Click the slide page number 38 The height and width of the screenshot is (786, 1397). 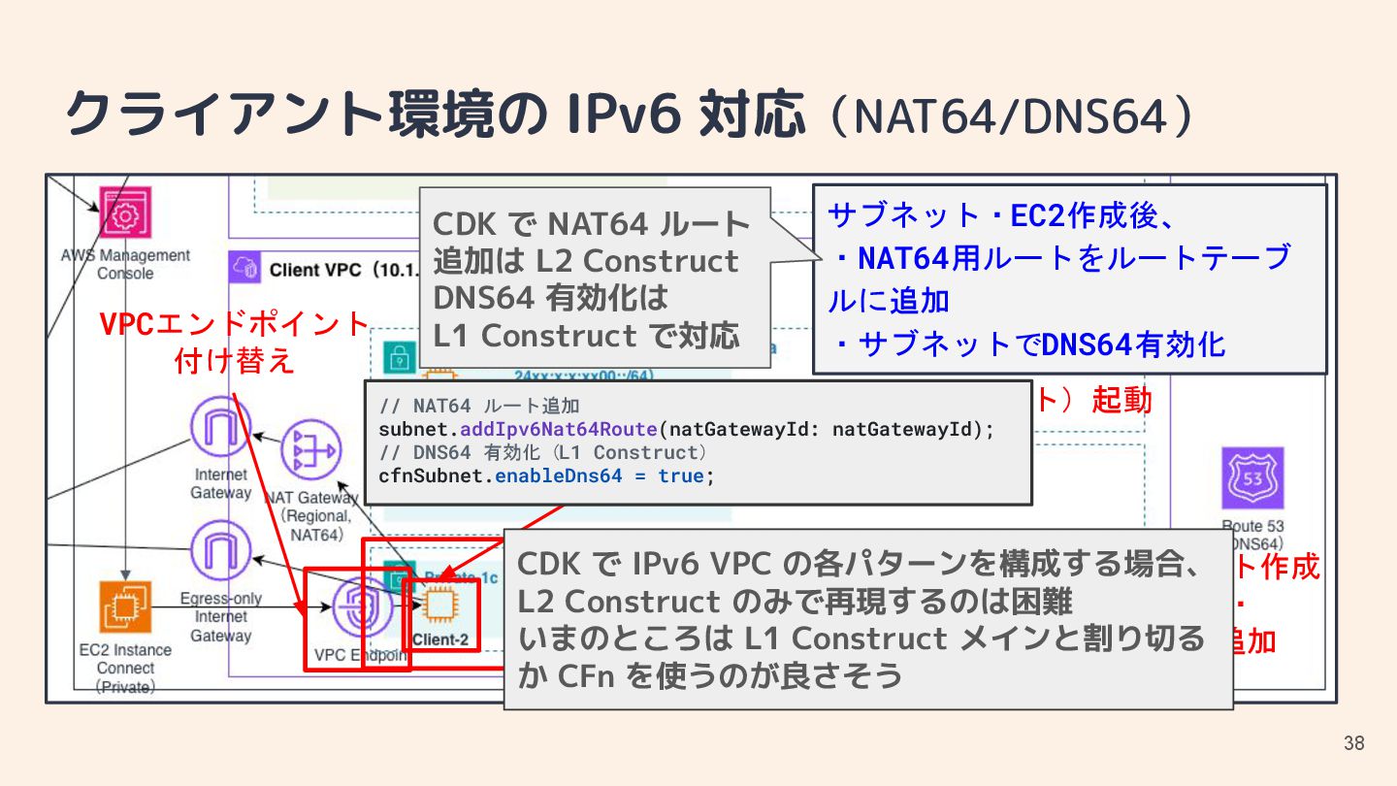point(1353,744)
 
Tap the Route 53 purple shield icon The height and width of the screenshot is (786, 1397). point(1252,478)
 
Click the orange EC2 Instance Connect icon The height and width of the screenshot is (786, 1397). point(126,607)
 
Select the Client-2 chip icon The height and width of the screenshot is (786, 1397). point(439,605)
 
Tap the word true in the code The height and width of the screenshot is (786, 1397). point(682,476)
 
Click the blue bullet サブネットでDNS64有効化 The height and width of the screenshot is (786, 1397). point(1028,344)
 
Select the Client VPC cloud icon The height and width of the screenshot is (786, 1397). point(243,268)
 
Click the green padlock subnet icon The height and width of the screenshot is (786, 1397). point(399,355)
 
